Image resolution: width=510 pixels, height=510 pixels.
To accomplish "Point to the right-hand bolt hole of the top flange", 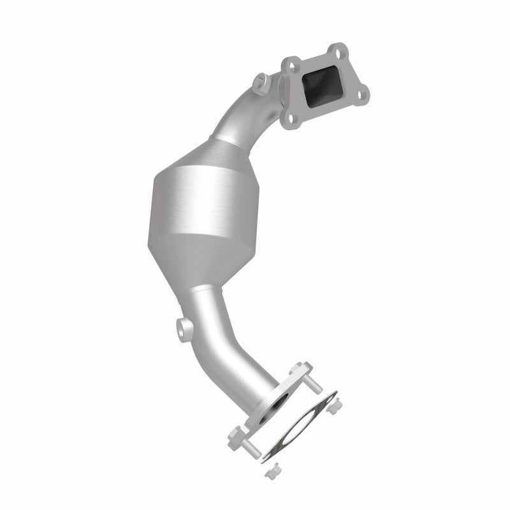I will (363, 96).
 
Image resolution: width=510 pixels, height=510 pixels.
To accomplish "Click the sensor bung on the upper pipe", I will (261, 81).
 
